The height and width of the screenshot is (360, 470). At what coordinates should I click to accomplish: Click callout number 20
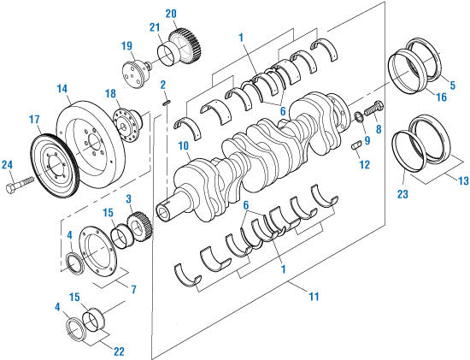click(171, 15)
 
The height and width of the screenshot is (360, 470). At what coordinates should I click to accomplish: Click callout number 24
click(8, 165)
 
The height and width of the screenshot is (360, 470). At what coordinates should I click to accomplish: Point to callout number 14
click(62, 88)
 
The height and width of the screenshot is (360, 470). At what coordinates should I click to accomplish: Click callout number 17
click(36, 119)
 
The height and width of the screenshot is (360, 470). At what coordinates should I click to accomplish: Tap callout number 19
click(126, 46)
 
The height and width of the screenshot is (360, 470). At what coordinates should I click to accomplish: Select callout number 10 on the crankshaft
click(184, 148)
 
